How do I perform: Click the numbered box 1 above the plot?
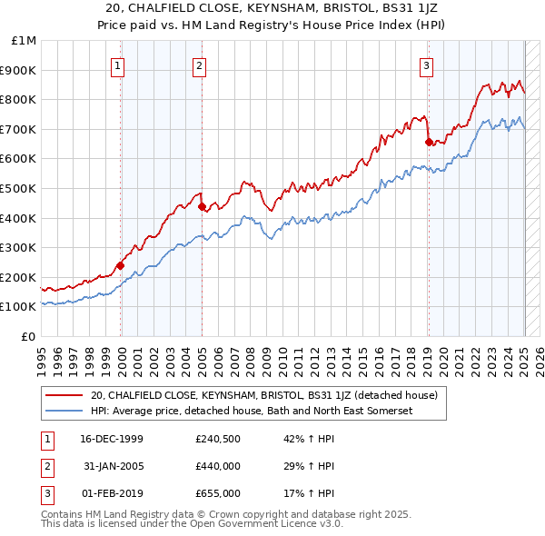120,65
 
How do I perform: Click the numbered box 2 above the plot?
199,65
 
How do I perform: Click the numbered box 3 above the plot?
426,65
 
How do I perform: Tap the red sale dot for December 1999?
120,266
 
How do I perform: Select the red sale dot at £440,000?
202,206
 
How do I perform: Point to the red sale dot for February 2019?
428,142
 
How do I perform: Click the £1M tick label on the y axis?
25,41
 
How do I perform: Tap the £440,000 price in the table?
218,467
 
